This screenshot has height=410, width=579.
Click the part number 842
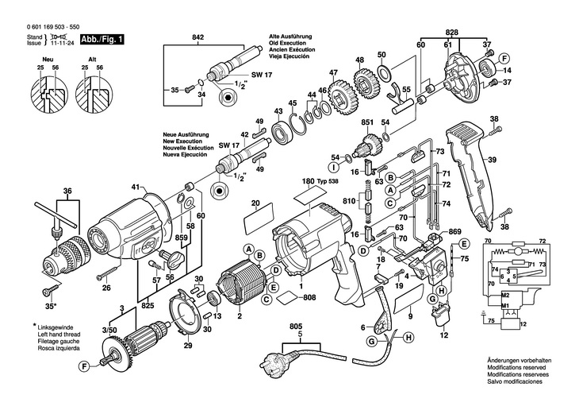tap(199, 37)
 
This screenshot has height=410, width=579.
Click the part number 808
tap(309, 298)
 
